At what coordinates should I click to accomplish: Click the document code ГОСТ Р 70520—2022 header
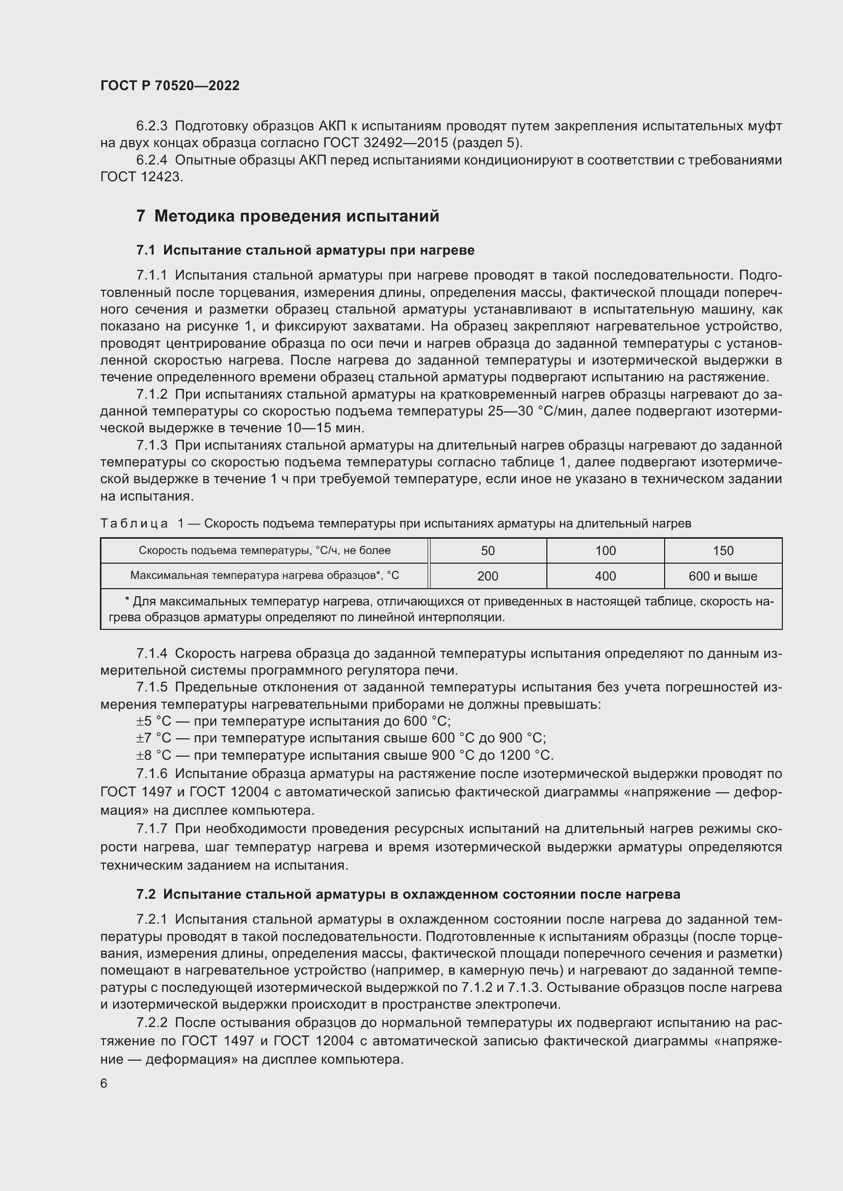point(170,86)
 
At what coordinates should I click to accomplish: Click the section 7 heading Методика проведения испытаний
point(287,216)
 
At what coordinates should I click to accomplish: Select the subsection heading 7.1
point(305,251)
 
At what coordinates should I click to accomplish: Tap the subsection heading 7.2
point(408,894)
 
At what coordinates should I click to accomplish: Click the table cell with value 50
point(487,551)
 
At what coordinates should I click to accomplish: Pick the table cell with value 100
point(605,551)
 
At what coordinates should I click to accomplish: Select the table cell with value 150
point(723,551)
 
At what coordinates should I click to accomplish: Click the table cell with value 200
point(487,576)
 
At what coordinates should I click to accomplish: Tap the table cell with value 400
point(605,576)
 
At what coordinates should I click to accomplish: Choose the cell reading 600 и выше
point(723,576)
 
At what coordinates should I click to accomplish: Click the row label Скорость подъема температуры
point(264,550)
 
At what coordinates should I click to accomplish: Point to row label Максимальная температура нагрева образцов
point(264,575)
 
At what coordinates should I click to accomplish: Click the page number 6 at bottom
point(104,1083)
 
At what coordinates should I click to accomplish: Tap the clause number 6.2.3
point(151,126)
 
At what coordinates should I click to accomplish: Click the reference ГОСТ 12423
point(141,177)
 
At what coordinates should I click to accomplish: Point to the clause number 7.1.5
point(151,687)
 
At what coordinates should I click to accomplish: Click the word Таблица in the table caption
point(134,524)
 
